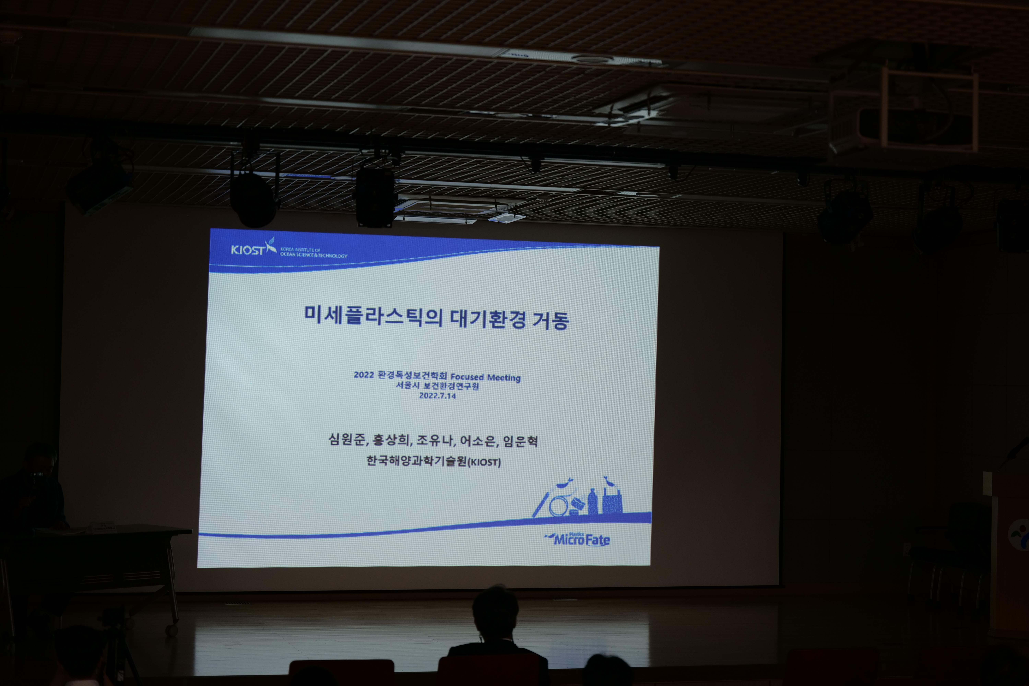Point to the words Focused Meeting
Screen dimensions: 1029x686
(486, 377)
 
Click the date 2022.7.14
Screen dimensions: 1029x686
(437, 395)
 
